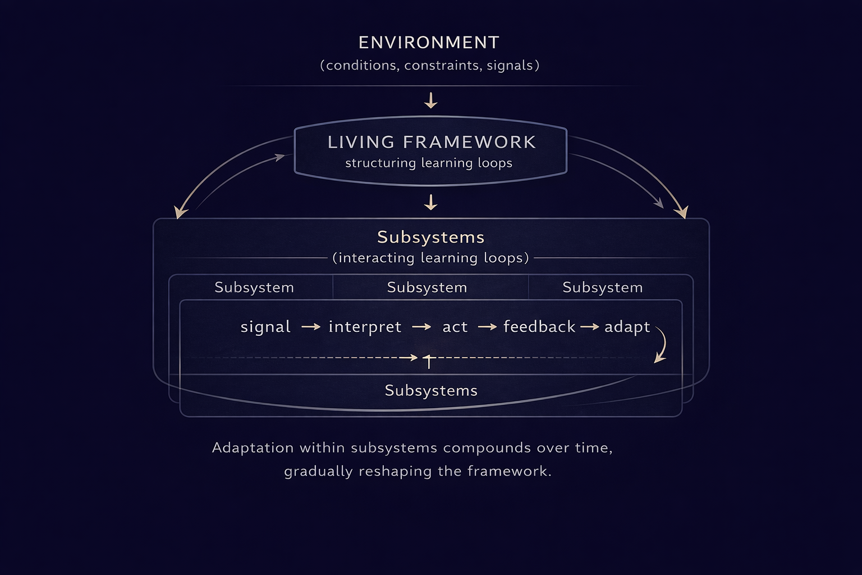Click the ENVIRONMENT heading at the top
(429, 43)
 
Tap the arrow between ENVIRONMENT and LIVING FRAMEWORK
(430, 101)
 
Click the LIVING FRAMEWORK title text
(431, 142)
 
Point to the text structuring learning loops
(429, 163)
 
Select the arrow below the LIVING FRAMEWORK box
(430, 202)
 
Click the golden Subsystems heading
(430, 237)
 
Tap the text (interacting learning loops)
(430, 258)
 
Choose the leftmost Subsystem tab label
(254, 287)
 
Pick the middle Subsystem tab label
(427, 287)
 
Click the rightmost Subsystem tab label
(602, 287)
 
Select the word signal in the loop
(265, 327)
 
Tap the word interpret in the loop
(365, 327)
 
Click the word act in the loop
(455, 327)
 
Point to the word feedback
(539, 327)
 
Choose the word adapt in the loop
(627, 327)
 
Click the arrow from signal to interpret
(310, 327)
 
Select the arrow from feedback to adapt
(589, 327)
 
